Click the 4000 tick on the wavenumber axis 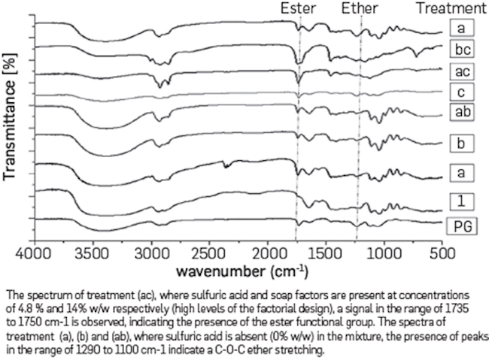pos(36,253)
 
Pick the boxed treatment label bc pos(462,50)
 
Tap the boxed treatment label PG pos(462,225)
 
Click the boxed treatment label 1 pos(462,199)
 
